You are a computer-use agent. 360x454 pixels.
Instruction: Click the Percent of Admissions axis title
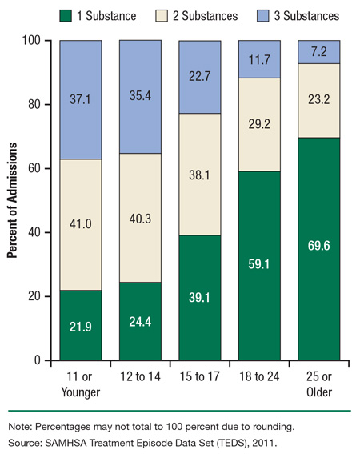pos(14,200)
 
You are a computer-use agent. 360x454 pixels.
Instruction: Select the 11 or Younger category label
pos(80,383)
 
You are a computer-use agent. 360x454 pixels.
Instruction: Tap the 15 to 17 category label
pos(198,376)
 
